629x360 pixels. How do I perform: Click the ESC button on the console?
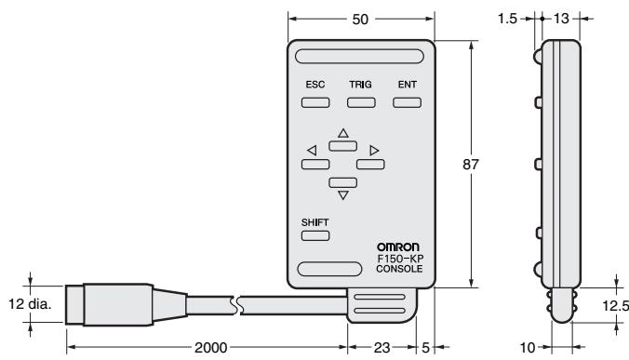click(x=314, y=100)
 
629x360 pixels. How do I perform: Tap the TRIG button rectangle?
click(x=360, y=100)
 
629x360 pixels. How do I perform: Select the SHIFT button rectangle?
click(x=315, y=236)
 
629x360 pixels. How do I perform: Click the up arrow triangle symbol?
click(x=342, y=134)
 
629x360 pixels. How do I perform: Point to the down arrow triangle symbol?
click(x=342, y=194)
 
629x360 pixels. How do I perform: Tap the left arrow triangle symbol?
click(x=312, y=150)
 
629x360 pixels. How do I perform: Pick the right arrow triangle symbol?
click(x=374, y=150)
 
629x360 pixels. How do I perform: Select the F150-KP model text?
click(x=401, y=259)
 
